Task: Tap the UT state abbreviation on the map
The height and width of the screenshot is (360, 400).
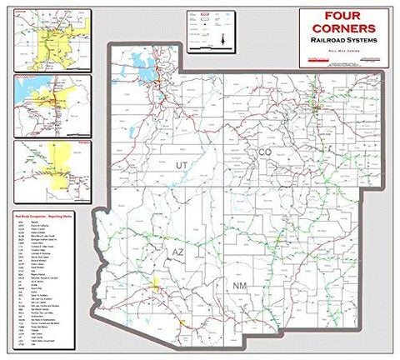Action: pos(181,167)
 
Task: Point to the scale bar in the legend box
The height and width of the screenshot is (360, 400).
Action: pos(204,47)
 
